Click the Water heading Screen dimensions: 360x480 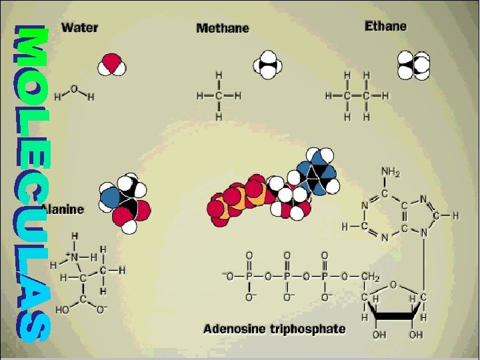pyautogui.click(x=80, y=28)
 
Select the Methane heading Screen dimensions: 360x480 pyautogui.click(x=223, y=29)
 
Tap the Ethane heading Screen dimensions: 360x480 pyautogui.click(x=385, y=26)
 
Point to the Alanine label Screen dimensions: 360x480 pyautogui.click(x=64, y=209)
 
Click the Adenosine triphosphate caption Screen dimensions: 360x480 pyautogui.click(x=274, y=329)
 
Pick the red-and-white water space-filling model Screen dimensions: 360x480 pyautogui.click(x=111, y=64)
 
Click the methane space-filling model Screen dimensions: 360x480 pyautogui.click(x=269, y=65)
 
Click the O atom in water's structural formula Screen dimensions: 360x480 pyautogui.click(x=73, y=88)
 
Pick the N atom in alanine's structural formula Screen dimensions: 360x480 pyautogui.click(x=76, y=257)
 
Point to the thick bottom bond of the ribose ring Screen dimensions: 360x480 pyautogui.click(x=394, y=317)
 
